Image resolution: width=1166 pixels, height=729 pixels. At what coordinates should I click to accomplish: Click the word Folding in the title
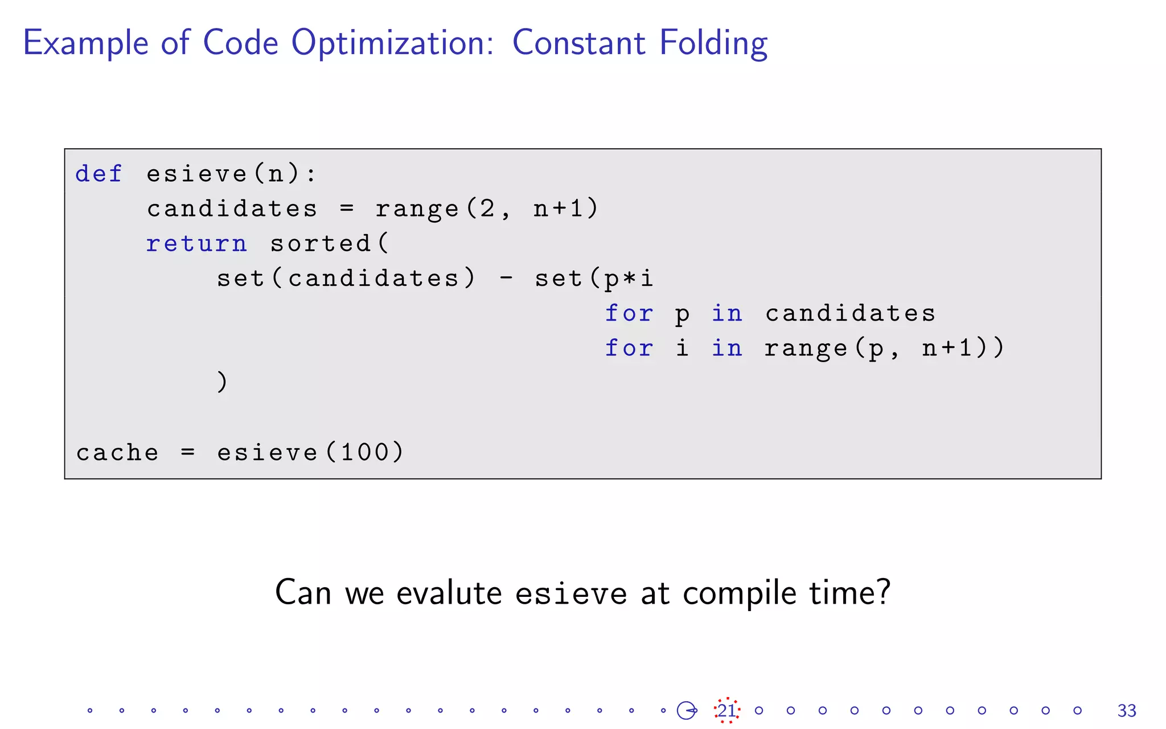[x=713, y=43]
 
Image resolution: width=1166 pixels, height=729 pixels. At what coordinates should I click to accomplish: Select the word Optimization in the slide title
[x=393, y=43]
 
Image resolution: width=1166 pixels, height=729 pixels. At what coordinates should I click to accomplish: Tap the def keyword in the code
[x=98, y=174]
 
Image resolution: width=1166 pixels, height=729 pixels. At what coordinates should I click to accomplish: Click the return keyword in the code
[x=196, y=244]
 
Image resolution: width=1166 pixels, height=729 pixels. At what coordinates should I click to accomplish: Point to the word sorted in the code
[x=321, y=244]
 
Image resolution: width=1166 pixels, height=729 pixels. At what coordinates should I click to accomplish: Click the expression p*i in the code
[x=629, y=279]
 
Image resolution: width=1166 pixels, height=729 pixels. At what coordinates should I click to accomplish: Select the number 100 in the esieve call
[x=364, y=453]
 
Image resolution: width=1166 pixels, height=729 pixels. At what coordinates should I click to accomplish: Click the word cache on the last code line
[x=117, y=453]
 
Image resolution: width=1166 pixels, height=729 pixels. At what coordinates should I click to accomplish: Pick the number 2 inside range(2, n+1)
[x=487, y=209]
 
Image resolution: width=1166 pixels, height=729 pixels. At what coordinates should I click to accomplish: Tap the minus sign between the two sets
[x=506, y=279]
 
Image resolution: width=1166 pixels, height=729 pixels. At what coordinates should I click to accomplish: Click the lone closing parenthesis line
[x=222, y=382]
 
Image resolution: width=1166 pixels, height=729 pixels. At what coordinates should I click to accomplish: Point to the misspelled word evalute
[x=449, y=593]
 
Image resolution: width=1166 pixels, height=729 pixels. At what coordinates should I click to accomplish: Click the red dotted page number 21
[x=726, y=710]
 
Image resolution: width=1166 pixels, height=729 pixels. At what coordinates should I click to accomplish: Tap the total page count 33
[x=1127, y=711]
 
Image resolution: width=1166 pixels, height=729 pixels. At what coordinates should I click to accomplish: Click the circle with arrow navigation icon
[x=687, y=710]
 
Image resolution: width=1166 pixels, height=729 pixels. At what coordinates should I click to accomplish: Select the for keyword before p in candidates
[x=629, y=313]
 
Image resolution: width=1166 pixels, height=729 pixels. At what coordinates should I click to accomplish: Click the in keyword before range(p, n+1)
[x=727, y=348]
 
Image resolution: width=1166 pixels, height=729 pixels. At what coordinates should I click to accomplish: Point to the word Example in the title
[x=86, y=43]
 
